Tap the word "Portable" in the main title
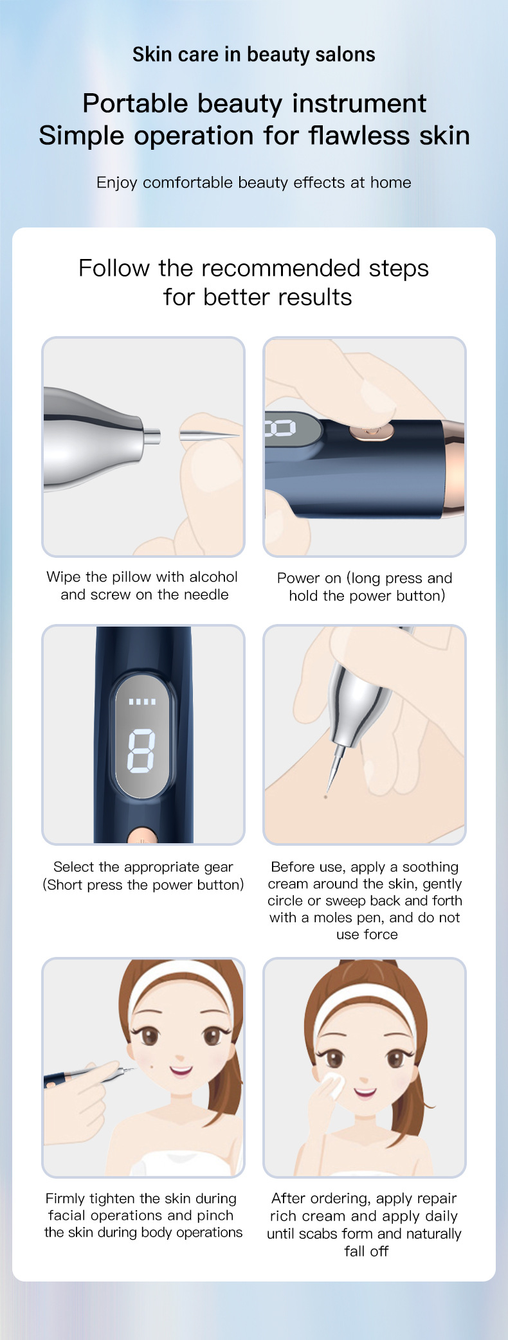tap(135, 103)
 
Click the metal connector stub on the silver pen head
tap(152, 436)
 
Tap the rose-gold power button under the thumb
tap(371, 431)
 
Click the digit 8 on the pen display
tap(141, 750)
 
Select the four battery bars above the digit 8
tap(141, 701)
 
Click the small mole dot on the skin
tap(325, 797)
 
